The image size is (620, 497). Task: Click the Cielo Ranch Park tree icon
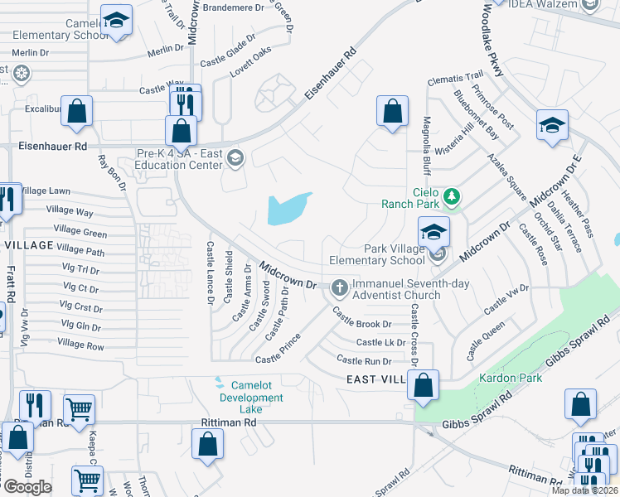(452, 196)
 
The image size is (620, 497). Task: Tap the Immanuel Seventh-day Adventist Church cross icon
(338, 288)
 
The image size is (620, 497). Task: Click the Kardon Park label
(510, 379)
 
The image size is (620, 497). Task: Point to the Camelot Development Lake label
(245, 398)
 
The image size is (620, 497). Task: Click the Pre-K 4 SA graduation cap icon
(235, 157)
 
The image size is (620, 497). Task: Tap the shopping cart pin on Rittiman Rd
(79, 408)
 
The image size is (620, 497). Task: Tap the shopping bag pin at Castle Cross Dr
(424, 385)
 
